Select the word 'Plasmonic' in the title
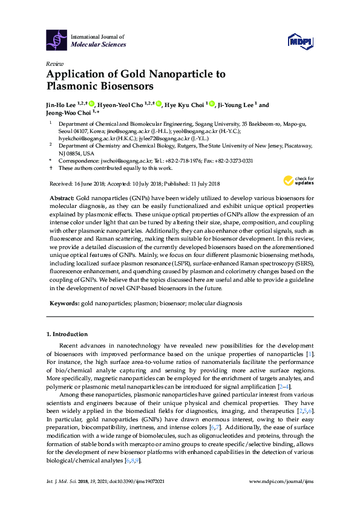pos(73,86)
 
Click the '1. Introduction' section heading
pos(67,334)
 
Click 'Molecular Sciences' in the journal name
pos(99,45)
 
